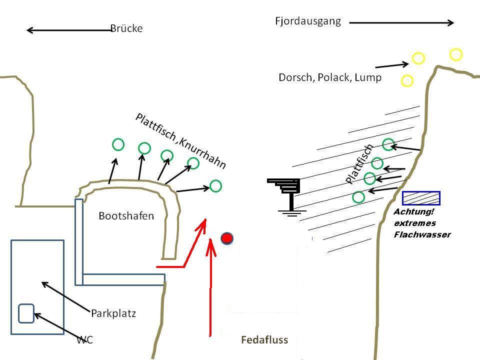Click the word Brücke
(126, 28)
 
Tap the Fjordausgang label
(307, 21)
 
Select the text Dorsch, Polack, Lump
(329, 77)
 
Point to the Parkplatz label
(113, 313)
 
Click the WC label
(85, 340)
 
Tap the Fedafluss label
(264, 340)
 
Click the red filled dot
(227, 238)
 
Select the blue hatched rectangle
(421, 198)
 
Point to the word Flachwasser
(422, 234)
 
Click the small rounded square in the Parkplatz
(26, 313)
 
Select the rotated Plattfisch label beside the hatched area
(359, 163)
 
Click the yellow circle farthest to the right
(455, 54)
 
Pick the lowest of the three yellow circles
(407, 80)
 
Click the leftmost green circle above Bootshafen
(118, 145)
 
